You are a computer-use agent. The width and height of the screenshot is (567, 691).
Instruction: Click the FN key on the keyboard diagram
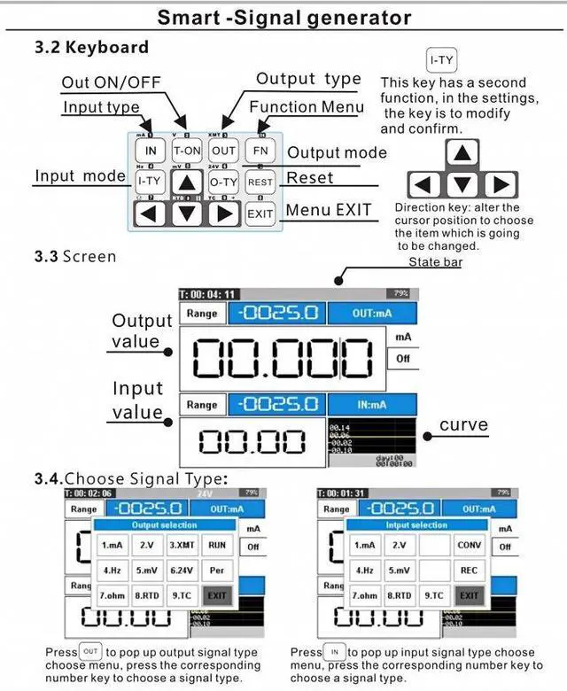(260, 151)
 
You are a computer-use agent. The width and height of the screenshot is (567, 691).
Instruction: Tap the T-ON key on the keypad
(186, 151)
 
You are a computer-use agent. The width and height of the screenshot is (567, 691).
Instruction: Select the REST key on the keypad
(260, 182)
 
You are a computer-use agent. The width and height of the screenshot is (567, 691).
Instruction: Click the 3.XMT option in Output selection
(183, 546)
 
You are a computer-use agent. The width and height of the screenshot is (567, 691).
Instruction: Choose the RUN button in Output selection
(217, 546)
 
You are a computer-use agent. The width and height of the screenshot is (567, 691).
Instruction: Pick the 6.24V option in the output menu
(183, 571)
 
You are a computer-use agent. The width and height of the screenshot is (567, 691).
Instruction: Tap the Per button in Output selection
(217, 571)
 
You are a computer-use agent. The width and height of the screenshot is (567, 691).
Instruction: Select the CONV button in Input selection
(470, 546)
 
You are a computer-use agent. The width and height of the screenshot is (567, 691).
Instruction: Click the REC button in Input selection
(470, 571)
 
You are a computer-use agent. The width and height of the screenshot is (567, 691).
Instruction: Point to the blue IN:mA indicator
(371, 405)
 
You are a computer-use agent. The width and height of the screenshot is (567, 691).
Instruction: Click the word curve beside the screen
(463, 425)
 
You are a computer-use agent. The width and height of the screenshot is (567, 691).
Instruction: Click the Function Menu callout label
(307, 107)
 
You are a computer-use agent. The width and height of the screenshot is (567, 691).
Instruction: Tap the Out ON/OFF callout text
(111, 82)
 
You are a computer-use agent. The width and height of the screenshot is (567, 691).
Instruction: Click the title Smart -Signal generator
(283, 18)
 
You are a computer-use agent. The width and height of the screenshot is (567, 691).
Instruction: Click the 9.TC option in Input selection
(433, 595)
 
